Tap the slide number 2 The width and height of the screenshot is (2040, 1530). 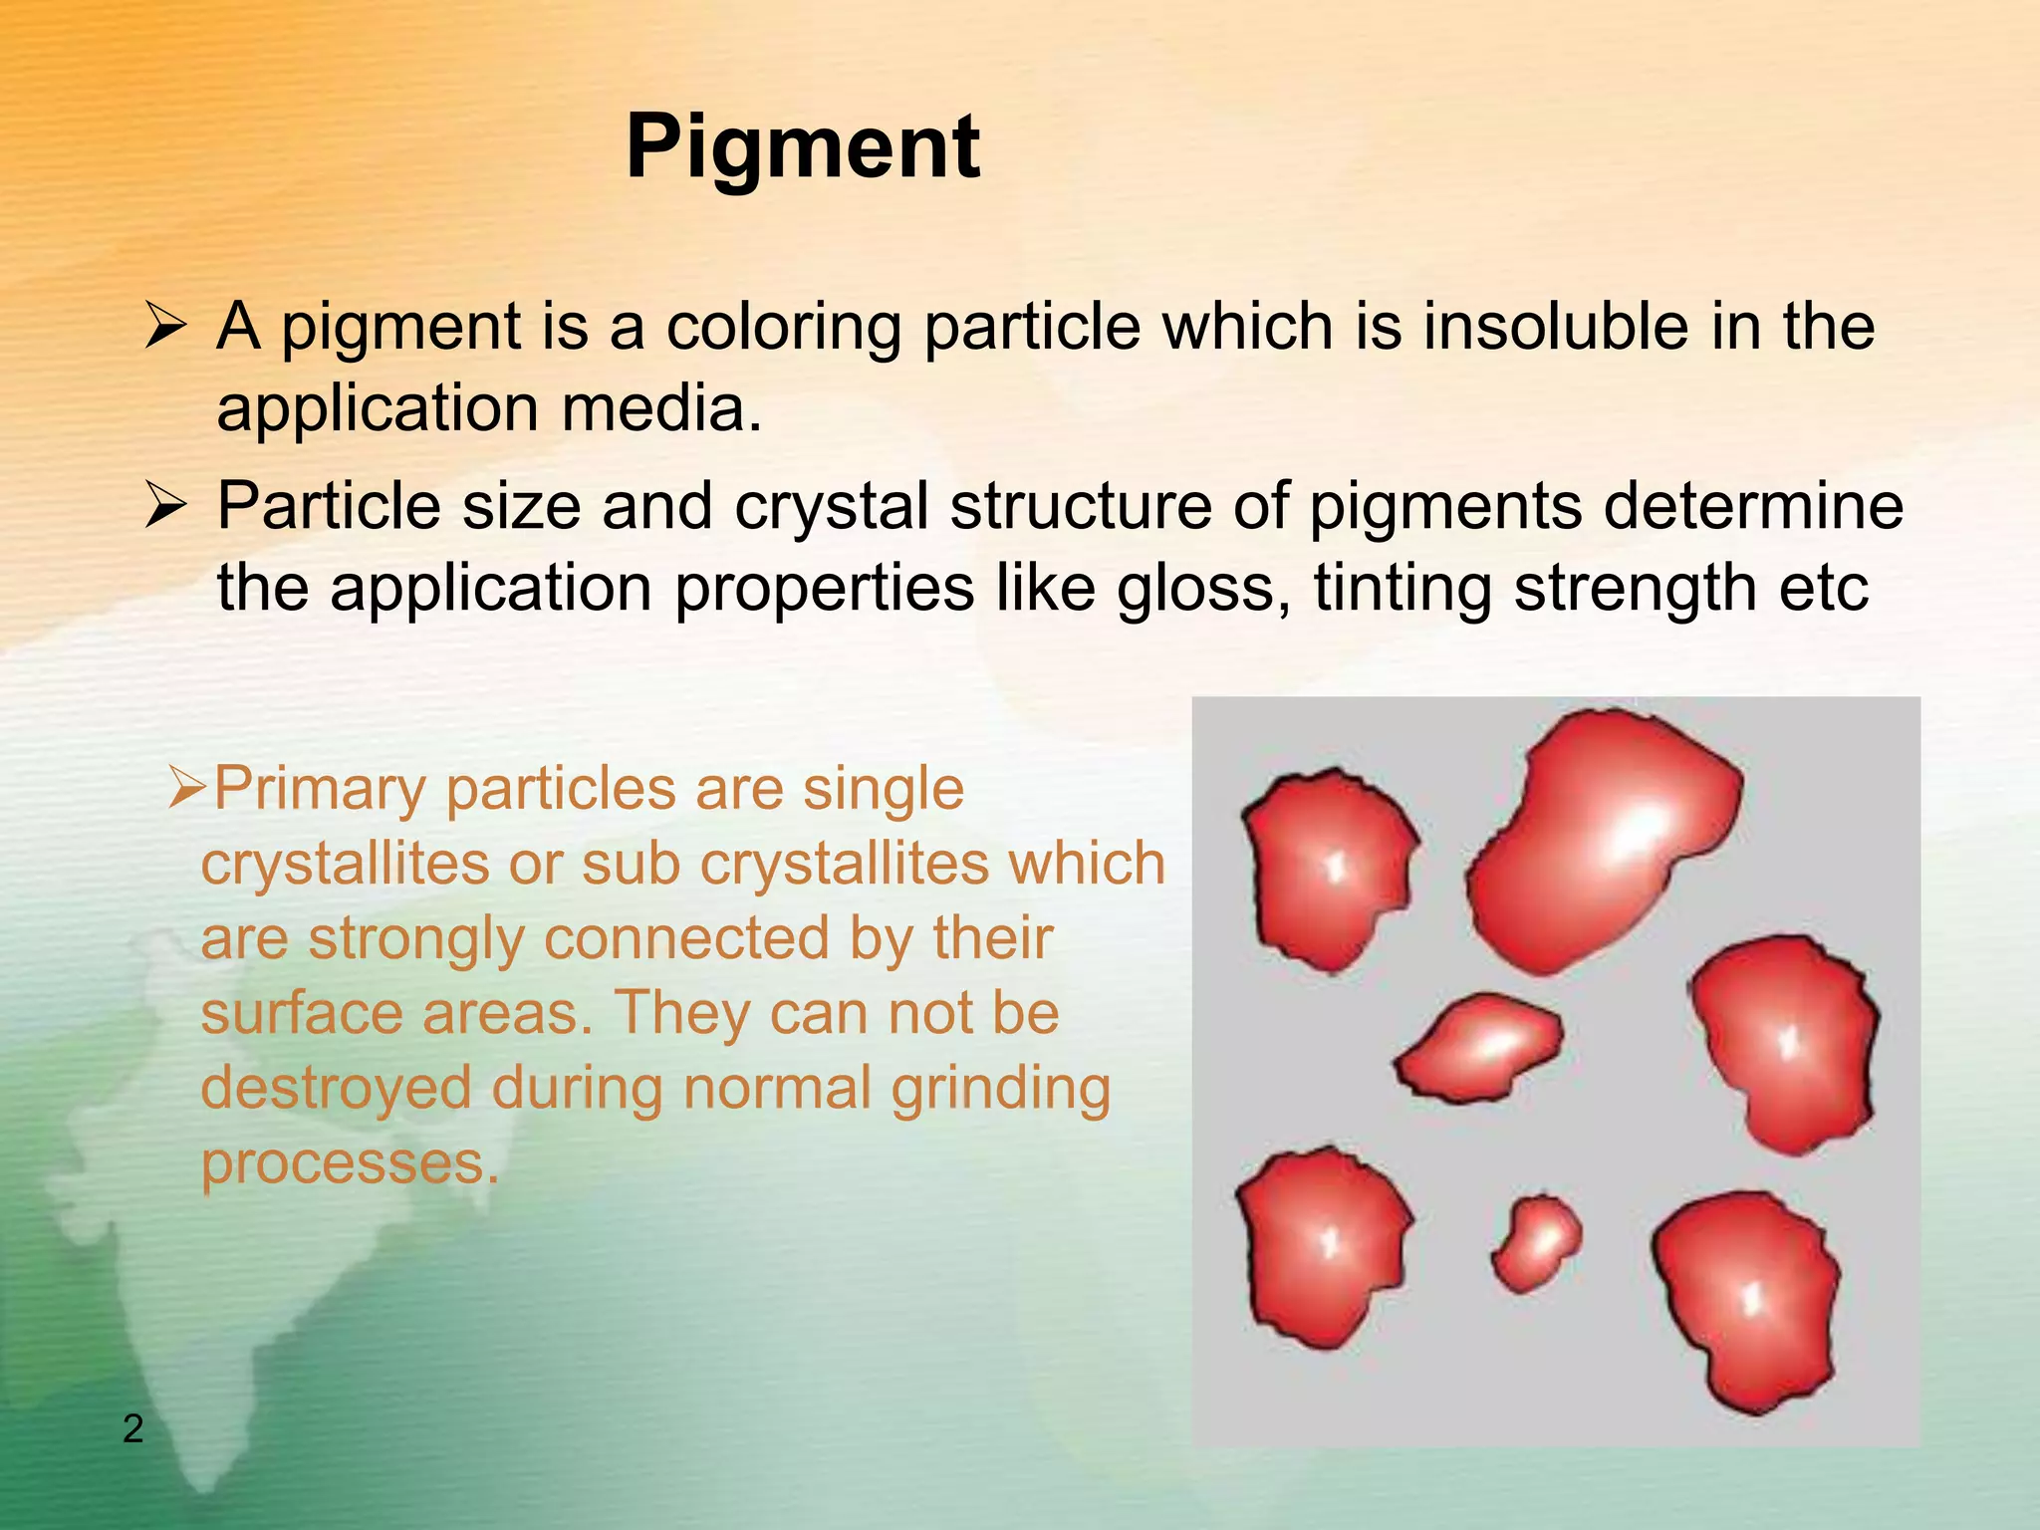(132, 1428)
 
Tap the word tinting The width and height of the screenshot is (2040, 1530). (1402, 588)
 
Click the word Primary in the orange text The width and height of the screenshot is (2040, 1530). (320, 789)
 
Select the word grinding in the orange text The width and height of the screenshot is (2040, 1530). (1000, 1088)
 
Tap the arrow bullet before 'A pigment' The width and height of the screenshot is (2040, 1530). (164, 327)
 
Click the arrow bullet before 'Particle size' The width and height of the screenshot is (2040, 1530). (164, 506)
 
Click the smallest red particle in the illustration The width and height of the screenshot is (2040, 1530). (1537, 1242)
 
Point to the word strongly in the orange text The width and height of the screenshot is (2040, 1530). (416, 938)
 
